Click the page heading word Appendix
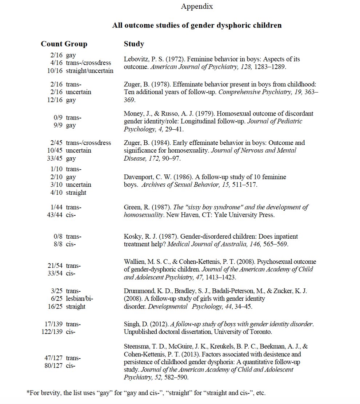tap(197, 6)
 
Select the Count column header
tap(52, 44)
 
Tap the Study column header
tap(134, 44)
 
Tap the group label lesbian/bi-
tap(79, 299)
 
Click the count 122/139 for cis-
tap(52, 332)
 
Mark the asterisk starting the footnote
tap(28, 393)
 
